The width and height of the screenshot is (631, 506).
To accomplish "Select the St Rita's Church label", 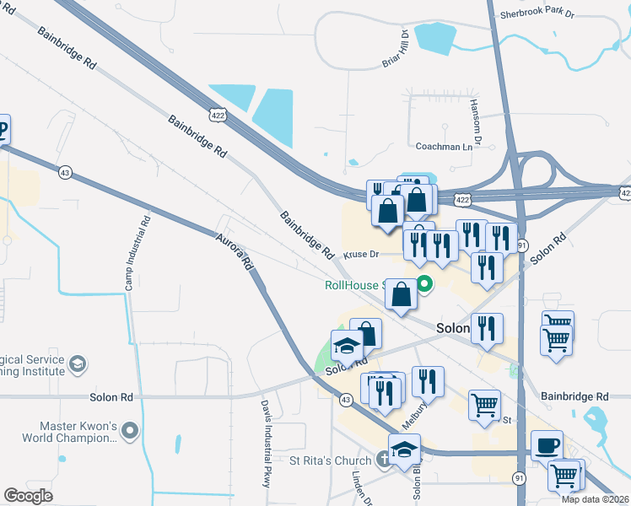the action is coord(330,460).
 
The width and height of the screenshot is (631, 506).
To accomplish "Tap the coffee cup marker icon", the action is coord(547,444).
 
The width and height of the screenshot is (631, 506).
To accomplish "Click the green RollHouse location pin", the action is coord(425,285).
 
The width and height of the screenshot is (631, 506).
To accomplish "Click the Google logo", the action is coord(29,496).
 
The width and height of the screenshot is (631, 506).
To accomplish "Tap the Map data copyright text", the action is coord(595,499).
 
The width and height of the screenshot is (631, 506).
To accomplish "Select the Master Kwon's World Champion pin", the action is coord(129,432).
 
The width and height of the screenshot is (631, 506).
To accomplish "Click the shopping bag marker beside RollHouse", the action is coord(402,294).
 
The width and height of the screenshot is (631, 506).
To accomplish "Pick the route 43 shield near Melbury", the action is coord(346,399).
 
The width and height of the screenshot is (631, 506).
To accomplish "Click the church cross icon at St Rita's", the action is coord(383,460).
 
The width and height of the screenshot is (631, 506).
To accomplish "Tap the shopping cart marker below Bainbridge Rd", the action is coord(483,406).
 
